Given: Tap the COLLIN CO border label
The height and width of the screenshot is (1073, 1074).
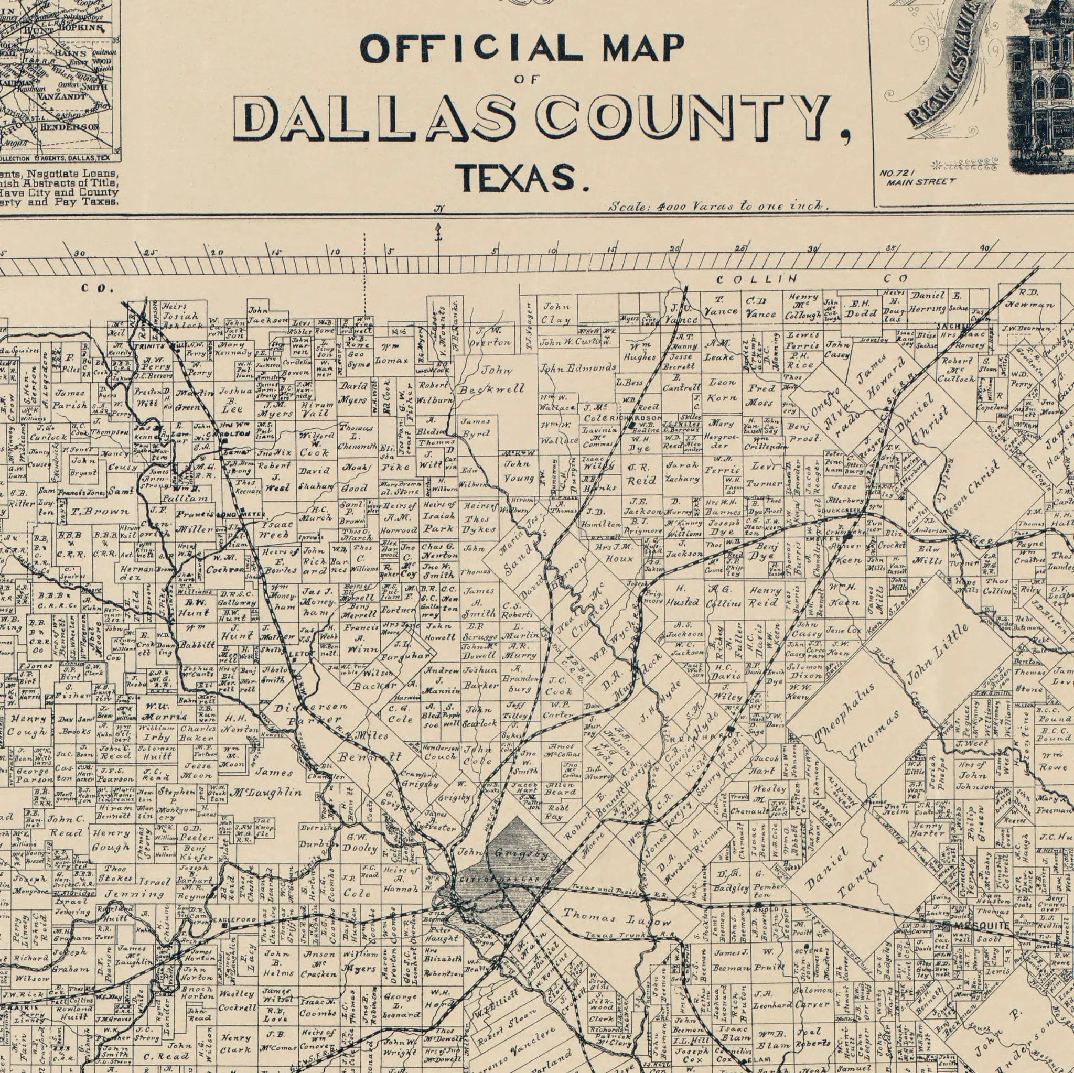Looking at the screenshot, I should (812, 278).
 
